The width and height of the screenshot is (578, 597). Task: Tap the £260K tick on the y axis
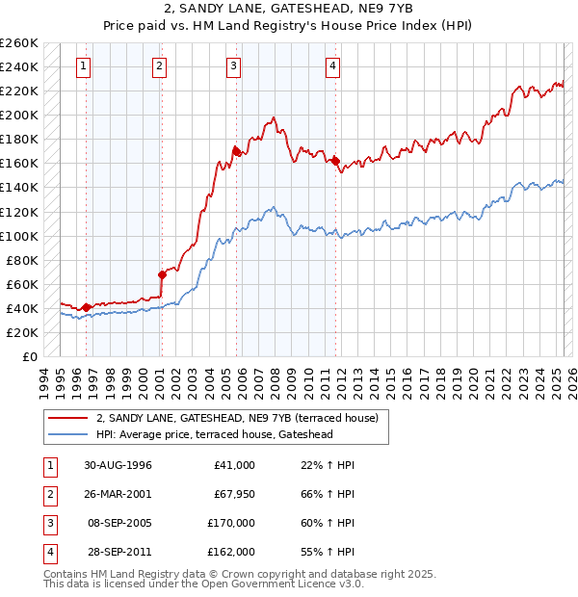click(19, 43)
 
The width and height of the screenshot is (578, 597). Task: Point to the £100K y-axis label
click(19, 236)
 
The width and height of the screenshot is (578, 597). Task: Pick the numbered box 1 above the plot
click(84, 66)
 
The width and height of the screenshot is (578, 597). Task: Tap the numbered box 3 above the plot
click(234, 66)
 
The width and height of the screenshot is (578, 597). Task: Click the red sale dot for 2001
click(162, 274)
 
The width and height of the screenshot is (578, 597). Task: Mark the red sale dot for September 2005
click(236, 151)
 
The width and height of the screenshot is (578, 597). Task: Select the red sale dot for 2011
click(336, 161)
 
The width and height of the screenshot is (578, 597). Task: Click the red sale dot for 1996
click(87, 307)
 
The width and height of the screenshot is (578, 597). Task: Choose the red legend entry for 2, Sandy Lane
click(240, 418)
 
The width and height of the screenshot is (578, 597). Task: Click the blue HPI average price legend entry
click(227, 434)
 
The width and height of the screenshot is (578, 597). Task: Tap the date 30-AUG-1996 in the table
click(118, 465)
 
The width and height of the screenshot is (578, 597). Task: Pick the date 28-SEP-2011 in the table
click(118, 552)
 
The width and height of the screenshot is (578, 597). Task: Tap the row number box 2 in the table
click(48, 494)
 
